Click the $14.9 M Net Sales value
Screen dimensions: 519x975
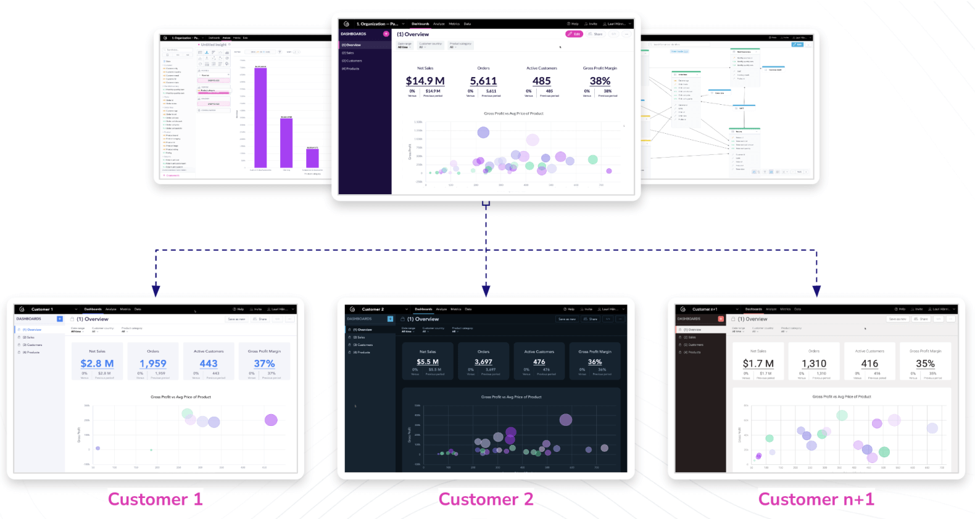click(425, 81)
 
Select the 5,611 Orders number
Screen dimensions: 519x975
click(483, 81)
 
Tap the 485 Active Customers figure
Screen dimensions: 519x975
click(542, 81)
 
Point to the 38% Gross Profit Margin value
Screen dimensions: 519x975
click(600, 81)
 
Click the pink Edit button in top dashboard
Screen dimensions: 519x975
click(574, 34)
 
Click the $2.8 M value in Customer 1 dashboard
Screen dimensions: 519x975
click(97, 364)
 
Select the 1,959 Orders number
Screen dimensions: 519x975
click(153, 364)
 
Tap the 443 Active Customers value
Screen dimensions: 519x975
click(209, 364)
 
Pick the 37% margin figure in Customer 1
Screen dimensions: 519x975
click(264, 364)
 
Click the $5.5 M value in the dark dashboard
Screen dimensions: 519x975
click(428, 362)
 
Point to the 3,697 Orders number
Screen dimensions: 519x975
click(483, 362)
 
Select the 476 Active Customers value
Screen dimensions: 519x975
click(539, 362)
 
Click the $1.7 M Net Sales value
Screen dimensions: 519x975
click(758, 364)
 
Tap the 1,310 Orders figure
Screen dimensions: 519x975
click(814, 364)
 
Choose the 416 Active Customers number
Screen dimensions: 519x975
click(869, 364)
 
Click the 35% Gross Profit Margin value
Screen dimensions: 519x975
click(925, 364)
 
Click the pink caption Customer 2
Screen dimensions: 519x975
click(486, 499)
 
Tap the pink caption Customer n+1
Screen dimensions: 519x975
click(816, 499)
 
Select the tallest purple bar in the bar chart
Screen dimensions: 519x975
click(260, 117)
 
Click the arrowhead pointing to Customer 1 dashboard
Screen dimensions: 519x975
click(156, 291)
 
